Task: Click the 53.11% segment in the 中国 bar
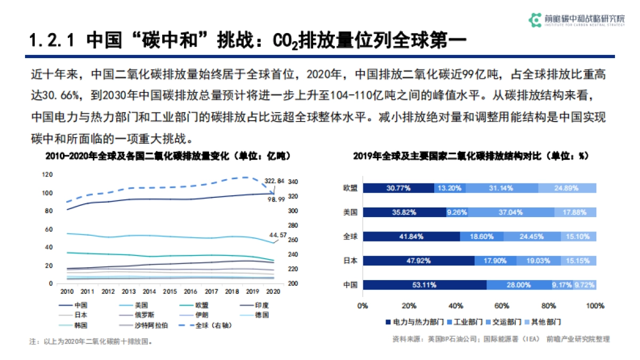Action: point(425,285)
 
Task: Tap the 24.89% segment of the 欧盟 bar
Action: point(567,188)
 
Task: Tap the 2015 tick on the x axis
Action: point(170,292)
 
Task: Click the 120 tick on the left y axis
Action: point(47,174)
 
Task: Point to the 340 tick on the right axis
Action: point(293,182)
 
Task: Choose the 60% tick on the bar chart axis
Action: point(502,306)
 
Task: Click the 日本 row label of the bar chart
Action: point(350,261)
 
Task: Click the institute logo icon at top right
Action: point(534,20)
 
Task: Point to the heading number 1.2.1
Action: point(51,40)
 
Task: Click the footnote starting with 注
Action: point(91,341)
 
